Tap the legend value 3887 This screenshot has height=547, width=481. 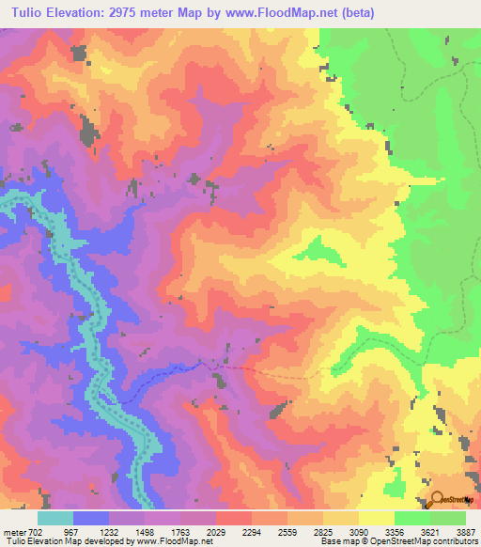tap(467, 531)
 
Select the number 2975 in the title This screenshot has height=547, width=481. tap(147, 12)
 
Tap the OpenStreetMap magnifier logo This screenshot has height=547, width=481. tap(436, 499)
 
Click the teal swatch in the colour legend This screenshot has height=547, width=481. tap(55, 518)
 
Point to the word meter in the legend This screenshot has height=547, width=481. tap(15, 531)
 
